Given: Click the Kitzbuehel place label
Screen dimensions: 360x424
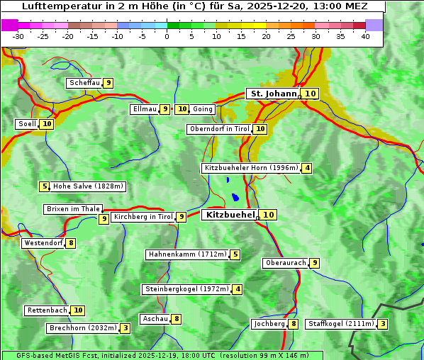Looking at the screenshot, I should pos(229,215).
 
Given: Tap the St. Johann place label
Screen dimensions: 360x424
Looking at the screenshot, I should pos(272,94).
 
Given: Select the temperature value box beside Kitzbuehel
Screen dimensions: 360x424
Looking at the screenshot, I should pos(268,215).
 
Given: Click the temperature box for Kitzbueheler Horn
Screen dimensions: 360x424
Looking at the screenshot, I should pos(306,168).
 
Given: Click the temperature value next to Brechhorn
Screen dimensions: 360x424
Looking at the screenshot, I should pos(125,328).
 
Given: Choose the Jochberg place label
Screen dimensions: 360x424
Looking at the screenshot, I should pos(269,324).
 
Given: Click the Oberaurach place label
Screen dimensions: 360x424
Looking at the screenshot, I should pos(285,263).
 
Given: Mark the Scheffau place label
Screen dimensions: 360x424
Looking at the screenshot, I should pos(84,83).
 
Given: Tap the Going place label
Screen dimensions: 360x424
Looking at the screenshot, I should pos(203,109).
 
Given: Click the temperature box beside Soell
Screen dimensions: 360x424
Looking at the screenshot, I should pos(47,124).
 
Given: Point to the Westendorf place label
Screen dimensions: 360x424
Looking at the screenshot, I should pos(43,243).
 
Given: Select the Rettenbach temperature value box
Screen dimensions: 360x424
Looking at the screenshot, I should pos(78,310).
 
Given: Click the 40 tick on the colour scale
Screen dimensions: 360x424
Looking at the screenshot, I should pos(365,36).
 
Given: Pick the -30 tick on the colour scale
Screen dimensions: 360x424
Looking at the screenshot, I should pos(18,36).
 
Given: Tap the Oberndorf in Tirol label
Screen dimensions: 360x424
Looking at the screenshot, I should pos(220,129).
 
